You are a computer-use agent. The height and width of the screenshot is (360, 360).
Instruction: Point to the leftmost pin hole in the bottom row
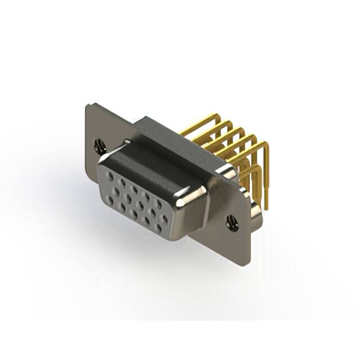(121, 206)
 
